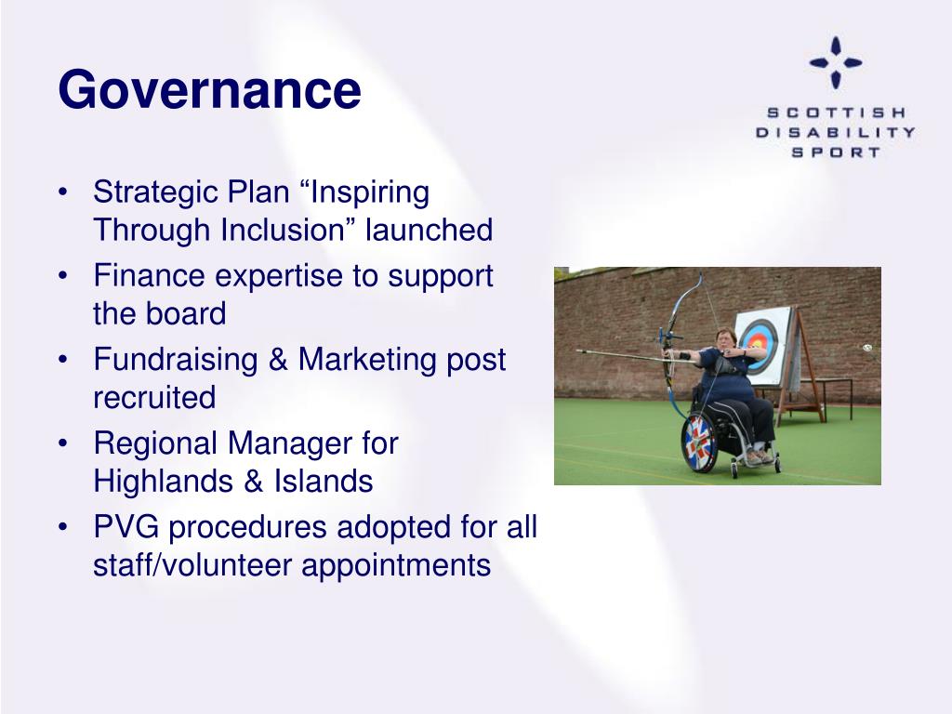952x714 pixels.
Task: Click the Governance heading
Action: [209, 91]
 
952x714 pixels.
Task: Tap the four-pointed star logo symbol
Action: [836, 62]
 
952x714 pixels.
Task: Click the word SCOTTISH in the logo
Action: [836, 112]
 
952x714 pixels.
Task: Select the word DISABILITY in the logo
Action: [836, 132]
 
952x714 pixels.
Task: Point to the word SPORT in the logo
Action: [836, 152]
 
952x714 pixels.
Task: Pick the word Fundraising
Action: [176, 360]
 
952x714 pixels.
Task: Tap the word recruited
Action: [154, 398]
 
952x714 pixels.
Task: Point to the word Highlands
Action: [164, 482]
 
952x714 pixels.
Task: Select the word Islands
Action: [323, 482]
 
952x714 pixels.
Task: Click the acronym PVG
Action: [126, 527]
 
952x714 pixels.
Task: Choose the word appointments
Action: [396, 566]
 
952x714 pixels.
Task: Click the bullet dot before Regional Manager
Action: [62, 443]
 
